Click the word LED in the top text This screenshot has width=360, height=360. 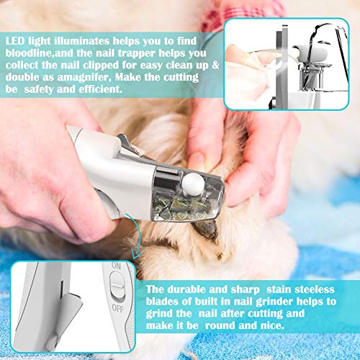[15, 41]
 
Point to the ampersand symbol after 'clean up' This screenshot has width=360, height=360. [215, 66]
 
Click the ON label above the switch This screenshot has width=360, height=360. [116, 266]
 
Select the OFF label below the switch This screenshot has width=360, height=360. [117, 308]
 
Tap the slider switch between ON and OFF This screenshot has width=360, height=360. [117, 286]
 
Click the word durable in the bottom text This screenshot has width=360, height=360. [186, 289]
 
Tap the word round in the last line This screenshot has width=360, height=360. [220, 325]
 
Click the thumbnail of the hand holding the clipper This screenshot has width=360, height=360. [287, 64]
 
